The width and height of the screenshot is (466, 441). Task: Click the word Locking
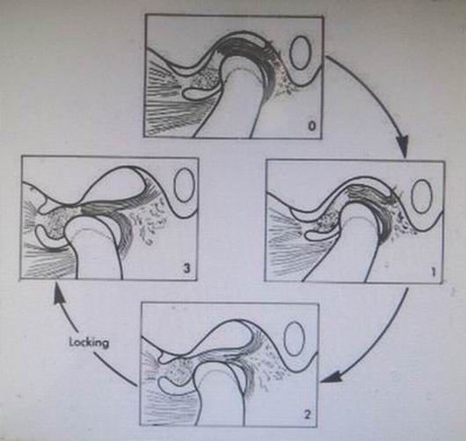(x=89, y=343)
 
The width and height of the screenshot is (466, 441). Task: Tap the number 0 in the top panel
(x=311, y=127)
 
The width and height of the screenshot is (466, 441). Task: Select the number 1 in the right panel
(x=433, y=271)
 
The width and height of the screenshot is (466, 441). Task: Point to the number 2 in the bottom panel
(x=308, y=414)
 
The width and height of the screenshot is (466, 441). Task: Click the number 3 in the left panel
(x=186, y=269)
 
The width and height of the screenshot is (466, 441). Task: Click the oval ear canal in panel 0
(x=300, y=53)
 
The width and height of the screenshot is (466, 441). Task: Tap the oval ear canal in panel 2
(x=295, y=339)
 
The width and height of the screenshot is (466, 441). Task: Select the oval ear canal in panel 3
(x=185, y=185)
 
